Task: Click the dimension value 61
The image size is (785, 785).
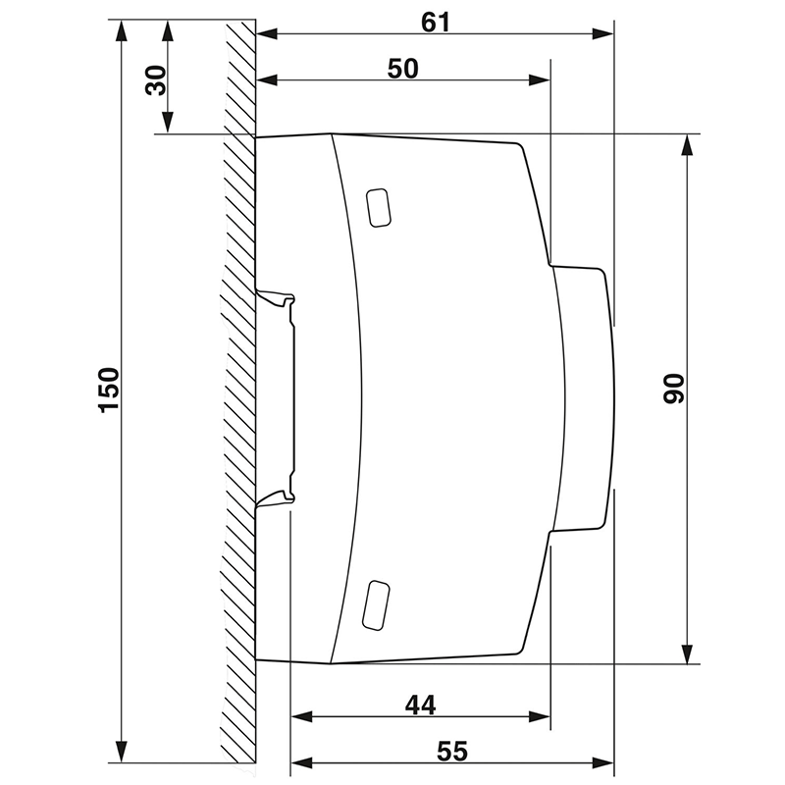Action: [x=435, y=21]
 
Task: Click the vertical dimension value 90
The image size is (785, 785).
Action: [x=672, y=390]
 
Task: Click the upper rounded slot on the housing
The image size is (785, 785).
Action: [x=378, y=207]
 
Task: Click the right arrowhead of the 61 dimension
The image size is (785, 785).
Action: [x=605, y=34]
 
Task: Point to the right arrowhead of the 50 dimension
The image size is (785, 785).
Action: [x=542, y=81]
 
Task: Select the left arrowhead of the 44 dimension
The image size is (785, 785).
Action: [x=300, y=716]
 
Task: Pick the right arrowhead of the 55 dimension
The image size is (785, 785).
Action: [x=605, y=763]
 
